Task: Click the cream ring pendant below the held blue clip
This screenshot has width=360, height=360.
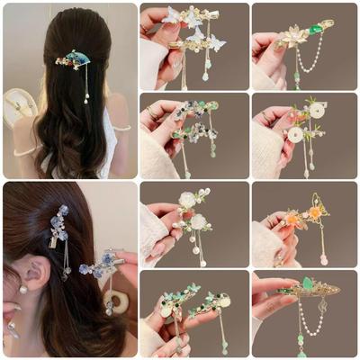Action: click(114, 299)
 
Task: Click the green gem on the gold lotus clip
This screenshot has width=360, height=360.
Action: click(316, 28)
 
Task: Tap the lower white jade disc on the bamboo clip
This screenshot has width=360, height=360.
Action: click(295, 134)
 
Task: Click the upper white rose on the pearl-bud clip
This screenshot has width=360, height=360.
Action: click(187, 199)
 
